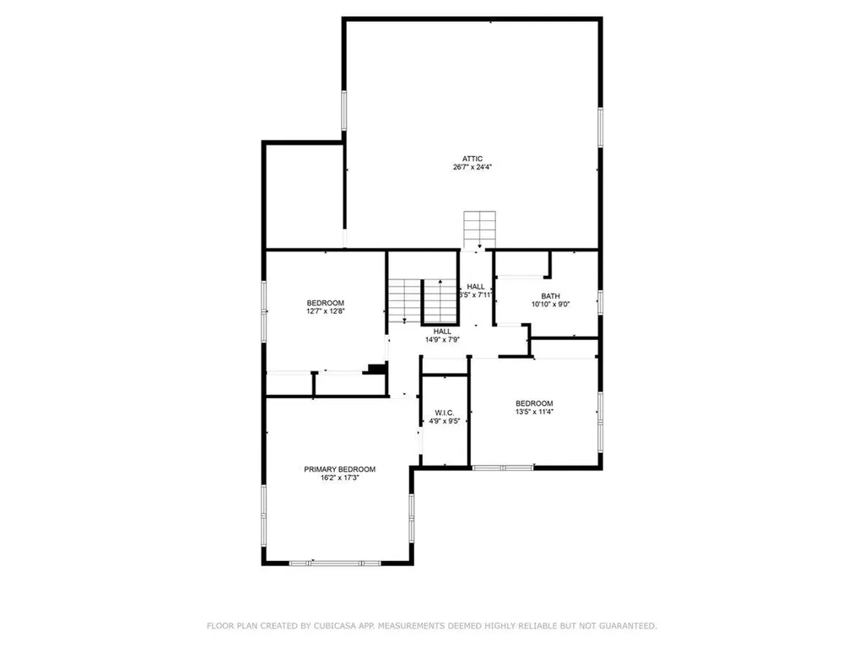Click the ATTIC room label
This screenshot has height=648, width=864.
(472, 158)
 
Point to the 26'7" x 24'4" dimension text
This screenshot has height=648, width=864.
(472, 167)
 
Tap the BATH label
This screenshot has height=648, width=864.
(550, 295)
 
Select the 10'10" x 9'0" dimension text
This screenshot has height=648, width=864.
(550, 305)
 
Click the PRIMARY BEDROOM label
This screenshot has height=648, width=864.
(340, 469)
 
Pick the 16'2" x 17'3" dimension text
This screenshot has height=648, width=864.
(340, 478)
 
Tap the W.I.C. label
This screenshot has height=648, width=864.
(444, 413)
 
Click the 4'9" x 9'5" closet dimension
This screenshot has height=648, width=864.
(444, 421)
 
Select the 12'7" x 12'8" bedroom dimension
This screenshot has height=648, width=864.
(325, 311)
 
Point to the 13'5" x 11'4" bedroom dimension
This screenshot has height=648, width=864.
(534, 412)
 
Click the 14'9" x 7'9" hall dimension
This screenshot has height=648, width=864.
(442, 340)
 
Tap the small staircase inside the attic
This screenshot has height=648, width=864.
(478, 228)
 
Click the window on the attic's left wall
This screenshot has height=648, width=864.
(344, 111)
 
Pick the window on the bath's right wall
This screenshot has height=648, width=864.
(600, 301)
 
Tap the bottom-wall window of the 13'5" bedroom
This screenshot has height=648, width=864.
(502, 467)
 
